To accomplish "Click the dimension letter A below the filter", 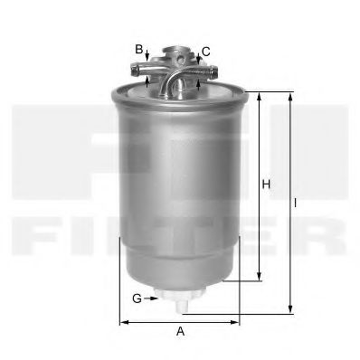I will pos(180,331).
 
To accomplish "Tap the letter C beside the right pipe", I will pos(206,52).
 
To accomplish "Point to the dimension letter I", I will pos(296,203).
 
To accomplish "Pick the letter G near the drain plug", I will pos(135,298).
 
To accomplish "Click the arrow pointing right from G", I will pos(147,298).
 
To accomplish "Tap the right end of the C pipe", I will pos(211,68).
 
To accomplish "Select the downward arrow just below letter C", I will pos(196,58).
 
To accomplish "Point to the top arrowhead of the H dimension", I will pos(260,95).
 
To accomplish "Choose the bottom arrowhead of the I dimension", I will pos(289,308).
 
